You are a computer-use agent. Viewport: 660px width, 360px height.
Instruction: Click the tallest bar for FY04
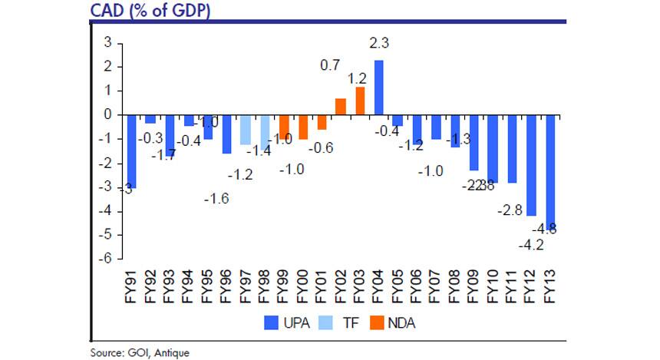coord(378,88)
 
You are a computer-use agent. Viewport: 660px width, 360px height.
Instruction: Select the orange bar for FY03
coord(359,101)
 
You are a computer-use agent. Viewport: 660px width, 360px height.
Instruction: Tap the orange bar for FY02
coord(341,107)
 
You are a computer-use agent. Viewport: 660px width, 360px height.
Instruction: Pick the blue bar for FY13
coord(551,172)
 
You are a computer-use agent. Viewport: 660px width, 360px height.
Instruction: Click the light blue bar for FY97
coord(246,130)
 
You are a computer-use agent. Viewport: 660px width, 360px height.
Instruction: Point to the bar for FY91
coord(132,151)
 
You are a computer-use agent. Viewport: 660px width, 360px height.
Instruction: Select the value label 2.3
coord(379,44)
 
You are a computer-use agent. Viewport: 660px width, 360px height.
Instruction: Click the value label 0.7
coord(330,67)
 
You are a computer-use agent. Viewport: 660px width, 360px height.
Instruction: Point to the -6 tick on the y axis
coord(109,258)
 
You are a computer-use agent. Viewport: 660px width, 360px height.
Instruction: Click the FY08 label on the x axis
coord(455,286)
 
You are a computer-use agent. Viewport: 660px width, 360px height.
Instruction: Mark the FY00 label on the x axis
coord(303,286)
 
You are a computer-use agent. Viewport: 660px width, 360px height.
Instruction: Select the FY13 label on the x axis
coord(550,286)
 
